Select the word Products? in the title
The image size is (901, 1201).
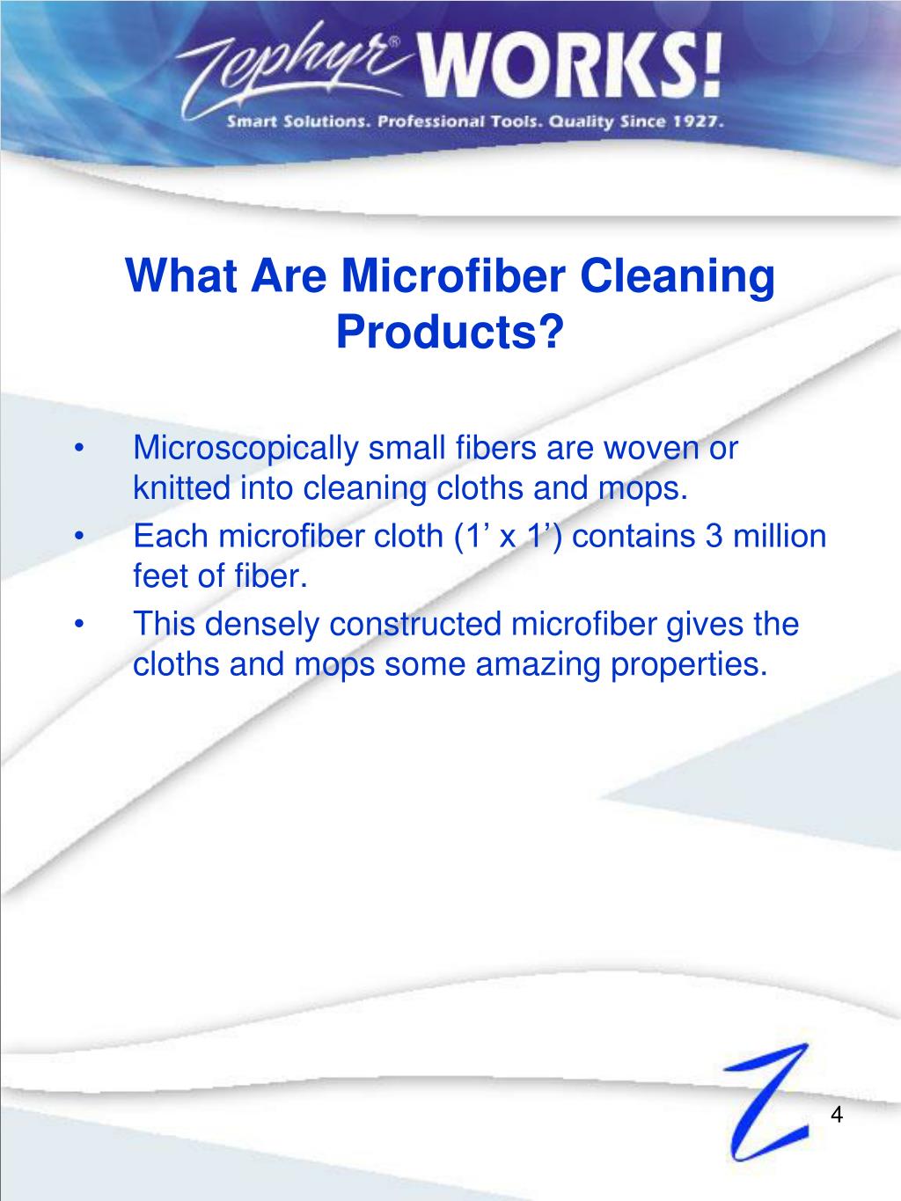(x=450, y=331)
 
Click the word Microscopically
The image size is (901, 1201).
(x=246, y=449)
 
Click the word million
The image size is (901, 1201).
(x=780, y=536)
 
